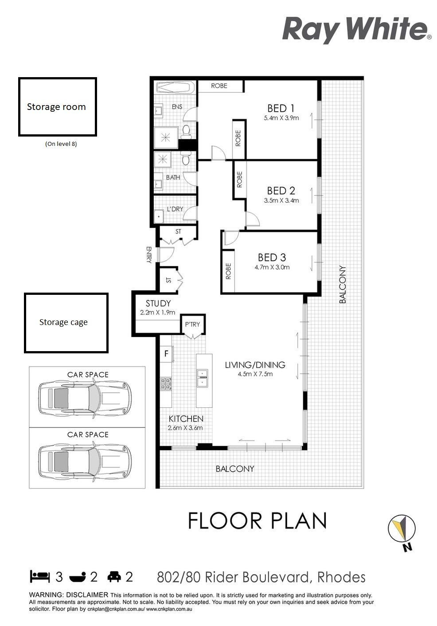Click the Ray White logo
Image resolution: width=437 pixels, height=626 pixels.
click(x=356, y=29)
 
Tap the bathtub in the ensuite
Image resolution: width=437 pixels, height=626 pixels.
click(x=175, y=87)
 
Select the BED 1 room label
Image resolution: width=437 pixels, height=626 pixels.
click(x=281, y=108)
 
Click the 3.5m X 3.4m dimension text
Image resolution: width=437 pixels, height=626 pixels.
click(x=281, y=200)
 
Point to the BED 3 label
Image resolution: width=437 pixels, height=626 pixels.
click(x=272, y=257)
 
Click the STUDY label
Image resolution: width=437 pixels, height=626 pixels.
click(x=158, y=303)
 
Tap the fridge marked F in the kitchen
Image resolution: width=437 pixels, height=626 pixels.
click(x=166, y=354)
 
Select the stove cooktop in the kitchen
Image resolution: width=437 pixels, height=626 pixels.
click(x=166, y=383)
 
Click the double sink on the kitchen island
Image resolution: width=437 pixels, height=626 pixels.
click(x=202, y=378)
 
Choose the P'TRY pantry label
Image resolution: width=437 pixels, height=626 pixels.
click(x=192, y=325)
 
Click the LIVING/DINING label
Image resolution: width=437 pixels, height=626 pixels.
click(x=255, y=365)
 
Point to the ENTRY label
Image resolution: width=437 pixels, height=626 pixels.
click(x=148, y=254)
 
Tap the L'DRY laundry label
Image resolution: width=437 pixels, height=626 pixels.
click(x=175, y=209)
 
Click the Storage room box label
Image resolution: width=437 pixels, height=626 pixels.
click(x=56, y=107)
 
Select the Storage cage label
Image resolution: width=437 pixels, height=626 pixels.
click(x=63, y=322)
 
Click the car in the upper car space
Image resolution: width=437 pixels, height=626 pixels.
click(x=85, y=399)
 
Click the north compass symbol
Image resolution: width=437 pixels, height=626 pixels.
click(x=402, y=528)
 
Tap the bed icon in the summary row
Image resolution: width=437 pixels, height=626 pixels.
click(x=39, y=577)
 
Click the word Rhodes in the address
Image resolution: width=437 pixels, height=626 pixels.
click(x=341, y=577)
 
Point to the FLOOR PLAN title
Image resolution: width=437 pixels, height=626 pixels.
click(x=258, y=520)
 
